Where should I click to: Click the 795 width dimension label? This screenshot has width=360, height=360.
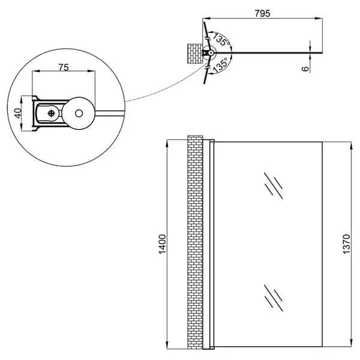[262, 14]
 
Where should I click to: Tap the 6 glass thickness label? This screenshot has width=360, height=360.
[305, 68]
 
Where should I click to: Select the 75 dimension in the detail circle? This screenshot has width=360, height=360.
[64, 67]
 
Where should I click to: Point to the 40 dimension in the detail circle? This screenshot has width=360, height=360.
[18, 113]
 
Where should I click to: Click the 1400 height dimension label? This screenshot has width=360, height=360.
[163, 244]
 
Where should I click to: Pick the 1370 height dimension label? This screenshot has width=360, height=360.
[346, 244]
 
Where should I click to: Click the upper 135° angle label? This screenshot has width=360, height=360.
[221, 39]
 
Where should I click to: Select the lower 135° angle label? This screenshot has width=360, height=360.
[221, 65]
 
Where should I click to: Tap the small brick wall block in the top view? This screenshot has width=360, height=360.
[195, 53]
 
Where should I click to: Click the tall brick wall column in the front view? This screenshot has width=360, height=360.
[195, 242]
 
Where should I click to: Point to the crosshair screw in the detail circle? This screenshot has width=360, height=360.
[51, 113]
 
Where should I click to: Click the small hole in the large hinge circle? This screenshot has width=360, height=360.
[79, 113]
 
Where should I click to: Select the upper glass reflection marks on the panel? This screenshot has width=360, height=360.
[273, 186]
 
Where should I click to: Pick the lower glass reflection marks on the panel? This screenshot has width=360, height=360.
[273, 298]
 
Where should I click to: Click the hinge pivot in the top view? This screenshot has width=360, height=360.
[211, 53]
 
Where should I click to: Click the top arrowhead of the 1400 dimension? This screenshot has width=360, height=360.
[167, 143]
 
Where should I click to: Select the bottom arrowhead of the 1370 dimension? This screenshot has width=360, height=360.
[351, 343]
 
